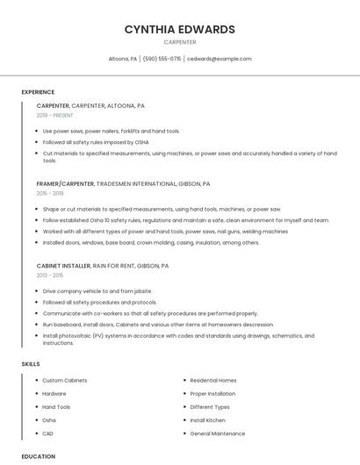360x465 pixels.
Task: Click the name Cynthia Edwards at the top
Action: tap(179, 29)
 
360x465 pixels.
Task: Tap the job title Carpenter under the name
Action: tap(179, 42)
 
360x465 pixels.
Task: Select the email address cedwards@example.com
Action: tap(220, 59)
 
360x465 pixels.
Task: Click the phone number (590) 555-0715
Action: tap(162, 59)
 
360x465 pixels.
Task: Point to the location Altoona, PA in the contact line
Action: tap(122, 59)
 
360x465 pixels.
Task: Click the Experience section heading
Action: tap(38, 92)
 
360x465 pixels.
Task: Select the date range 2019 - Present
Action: tap(54, 115)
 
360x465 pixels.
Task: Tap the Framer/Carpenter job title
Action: tap(67, 184)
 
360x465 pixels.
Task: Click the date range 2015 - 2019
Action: tap(50, 193)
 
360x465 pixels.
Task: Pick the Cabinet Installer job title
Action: tap(63, 265)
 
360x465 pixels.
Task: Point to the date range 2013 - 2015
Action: tap(50, 275)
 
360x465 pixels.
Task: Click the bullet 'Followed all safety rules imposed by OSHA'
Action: tap(96, 141)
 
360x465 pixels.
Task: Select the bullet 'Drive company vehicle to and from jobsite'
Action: tap(97, 290)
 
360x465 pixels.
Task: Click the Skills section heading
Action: tap(31, 363)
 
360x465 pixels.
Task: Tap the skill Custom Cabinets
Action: tap(65, 380)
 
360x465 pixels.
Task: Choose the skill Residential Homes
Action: tap(213, 380)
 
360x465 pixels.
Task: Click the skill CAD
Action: tap(48, 433)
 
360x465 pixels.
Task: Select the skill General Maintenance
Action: tap(218, 433)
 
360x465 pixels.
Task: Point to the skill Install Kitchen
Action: tap(208, 420)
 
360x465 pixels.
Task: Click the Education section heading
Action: tap(38, 456)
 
